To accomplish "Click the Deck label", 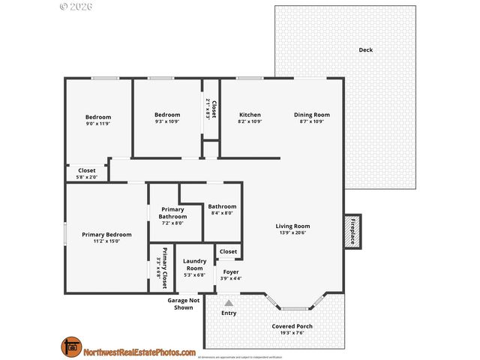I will pos(365,50).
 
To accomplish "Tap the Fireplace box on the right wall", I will pos(350,231).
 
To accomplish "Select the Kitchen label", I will pos(250,115).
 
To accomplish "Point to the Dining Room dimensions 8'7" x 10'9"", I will pos(311,121).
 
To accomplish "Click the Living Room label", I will pos(292,226).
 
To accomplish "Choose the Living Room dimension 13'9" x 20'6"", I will pos(292,233).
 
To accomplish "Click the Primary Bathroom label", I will pos(172,213).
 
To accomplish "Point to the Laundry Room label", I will pos(194,265).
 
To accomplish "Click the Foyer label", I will pos(231,271).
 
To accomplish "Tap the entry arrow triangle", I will pos(229,302).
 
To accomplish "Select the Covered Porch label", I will pos(292,326).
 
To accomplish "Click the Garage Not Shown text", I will pos(183,304).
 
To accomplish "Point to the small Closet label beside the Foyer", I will pos(228,252).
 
